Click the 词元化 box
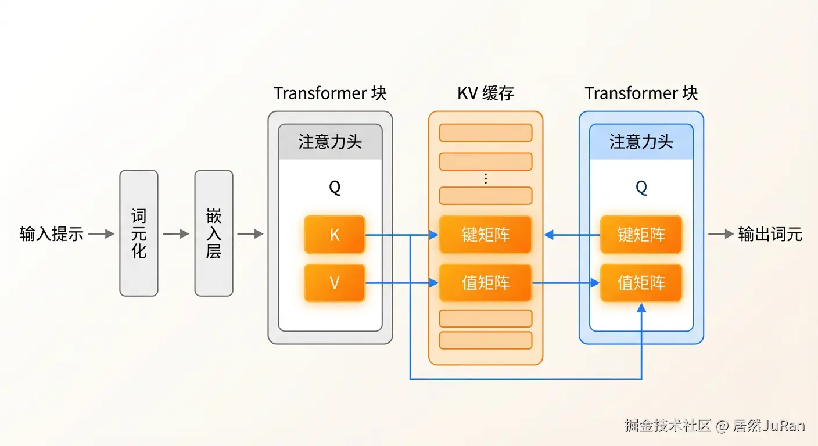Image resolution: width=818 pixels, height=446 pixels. [x=139, y=233]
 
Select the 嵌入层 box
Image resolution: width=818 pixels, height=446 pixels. [x=214, y=233]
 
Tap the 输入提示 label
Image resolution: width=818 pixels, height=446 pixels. [x=52, y=234]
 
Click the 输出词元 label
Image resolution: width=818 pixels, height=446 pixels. [x=770, y=234]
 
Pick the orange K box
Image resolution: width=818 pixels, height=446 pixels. [x=335, y=235]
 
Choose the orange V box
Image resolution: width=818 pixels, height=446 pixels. [x=335, y=283]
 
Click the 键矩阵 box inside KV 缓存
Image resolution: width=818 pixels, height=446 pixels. [x=486, y=235]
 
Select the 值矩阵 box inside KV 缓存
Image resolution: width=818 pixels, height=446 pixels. [x=486, y=283]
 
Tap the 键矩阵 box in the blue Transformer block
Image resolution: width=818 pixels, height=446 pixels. [x=641, y=235]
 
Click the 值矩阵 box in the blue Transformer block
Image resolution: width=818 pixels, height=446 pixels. [x=641, y=283]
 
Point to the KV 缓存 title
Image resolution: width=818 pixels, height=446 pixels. [x=486, y=93]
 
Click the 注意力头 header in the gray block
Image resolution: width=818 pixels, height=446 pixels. [x=330, y=142]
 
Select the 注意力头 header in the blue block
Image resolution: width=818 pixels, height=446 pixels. [x=641, y=142]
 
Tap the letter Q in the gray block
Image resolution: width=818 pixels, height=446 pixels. [x=335, y=188]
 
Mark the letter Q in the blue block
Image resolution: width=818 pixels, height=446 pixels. [x=641, y=188]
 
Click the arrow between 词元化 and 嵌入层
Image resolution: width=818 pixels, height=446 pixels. [x=176, y=234]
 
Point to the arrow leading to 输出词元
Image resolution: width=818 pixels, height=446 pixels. [x=720, y=234]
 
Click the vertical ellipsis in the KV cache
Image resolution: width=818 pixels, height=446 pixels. [x=486, y=179]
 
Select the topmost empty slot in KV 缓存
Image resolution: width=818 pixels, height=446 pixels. [x=486, y=132]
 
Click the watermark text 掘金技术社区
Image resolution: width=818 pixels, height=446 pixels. [x=668, y=426]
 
